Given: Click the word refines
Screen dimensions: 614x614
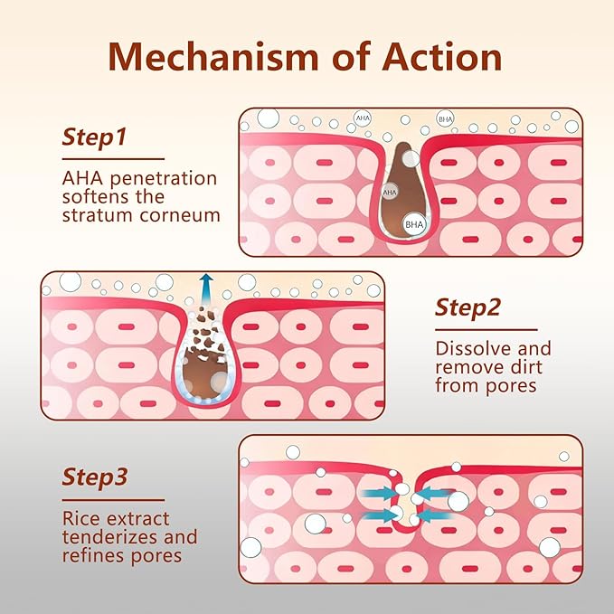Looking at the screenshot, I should tap(93, 555).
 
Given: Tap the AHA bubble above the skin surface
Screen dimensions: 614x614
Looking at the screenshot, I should tap(364, 118).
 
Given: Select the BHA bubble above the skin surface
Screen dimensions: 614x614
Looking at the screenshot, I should tap(445, 118).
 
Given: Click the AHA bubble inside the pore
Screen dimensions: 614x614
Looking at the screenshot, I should tap(391, 193).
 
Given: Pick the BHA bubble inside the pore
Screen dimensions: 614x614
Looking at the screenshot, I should tap(414, 223).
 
